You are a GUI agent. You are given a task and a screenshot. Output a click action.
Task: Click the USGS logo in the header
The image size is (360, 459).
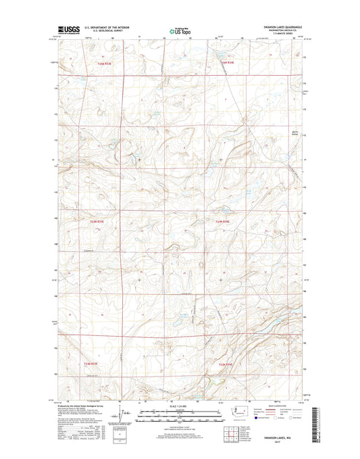click(x=69, y=30)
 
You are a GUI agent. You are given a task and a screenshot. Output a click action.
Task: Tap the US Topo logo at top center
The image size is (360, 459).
click(x=180, y=30)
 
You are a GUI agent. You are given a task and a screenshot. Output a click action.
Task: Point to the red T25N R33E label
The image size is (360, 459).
click(x=104, y=64)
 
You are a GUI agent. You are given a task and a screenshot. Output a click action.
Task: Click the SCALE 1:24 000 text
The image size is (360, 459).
click(x=180, y=405)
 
